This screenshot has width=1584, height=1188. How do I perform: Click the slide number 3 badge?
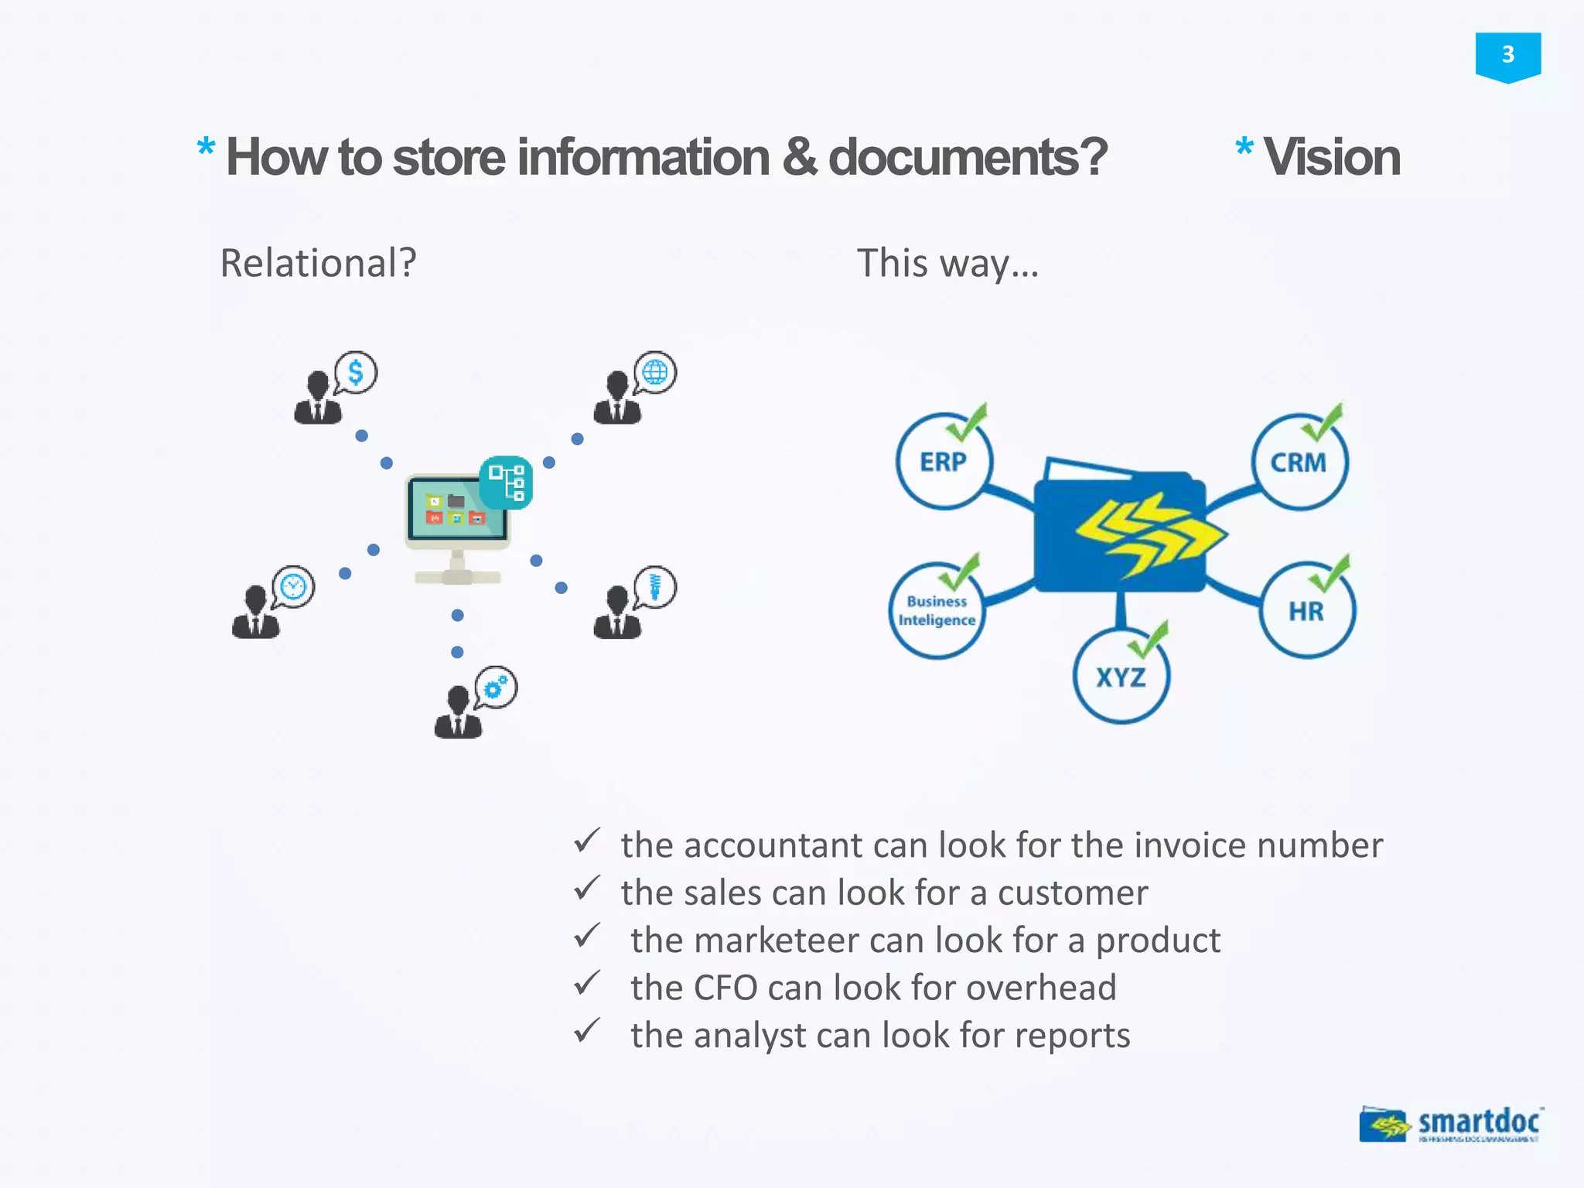tap(1507, 56)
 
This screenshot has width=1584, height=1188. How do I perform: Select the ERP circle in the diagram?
tap(944, 462)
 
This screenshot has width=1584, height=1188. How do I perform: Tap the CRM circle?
tap(1299, 463)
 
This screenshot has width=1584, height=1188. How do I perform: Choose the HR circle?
tap(1306, 611)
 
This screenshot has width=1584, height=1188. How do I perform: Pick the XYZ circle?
tap(1121, 677)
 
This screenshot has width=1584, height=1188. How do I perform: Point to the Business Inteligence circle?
tap(937, 611)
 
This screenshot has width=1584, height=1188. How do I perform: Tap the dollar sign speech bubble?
tap(356, 372)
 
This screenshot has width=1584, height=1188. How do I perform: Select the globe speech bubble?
tap(655, 372)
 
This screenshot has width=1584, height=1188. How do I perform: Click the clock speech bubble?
tap(293, 587)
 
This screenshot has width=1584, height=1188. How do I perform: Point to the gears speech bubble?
tap(496, 686)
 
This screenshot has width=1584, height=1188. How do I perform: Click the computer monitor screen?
tap(456, 509)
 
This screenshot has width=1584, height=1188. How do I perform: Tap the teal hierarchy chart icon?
tap(506, 483)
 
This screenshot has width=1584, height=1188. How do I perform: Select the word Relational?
tap(318, 263)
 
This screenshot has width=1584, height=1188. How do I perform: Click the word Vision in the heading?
tap(1331, 157)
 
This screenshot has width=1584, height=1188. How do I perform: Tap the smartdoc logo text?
tap(1478, 1121)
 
